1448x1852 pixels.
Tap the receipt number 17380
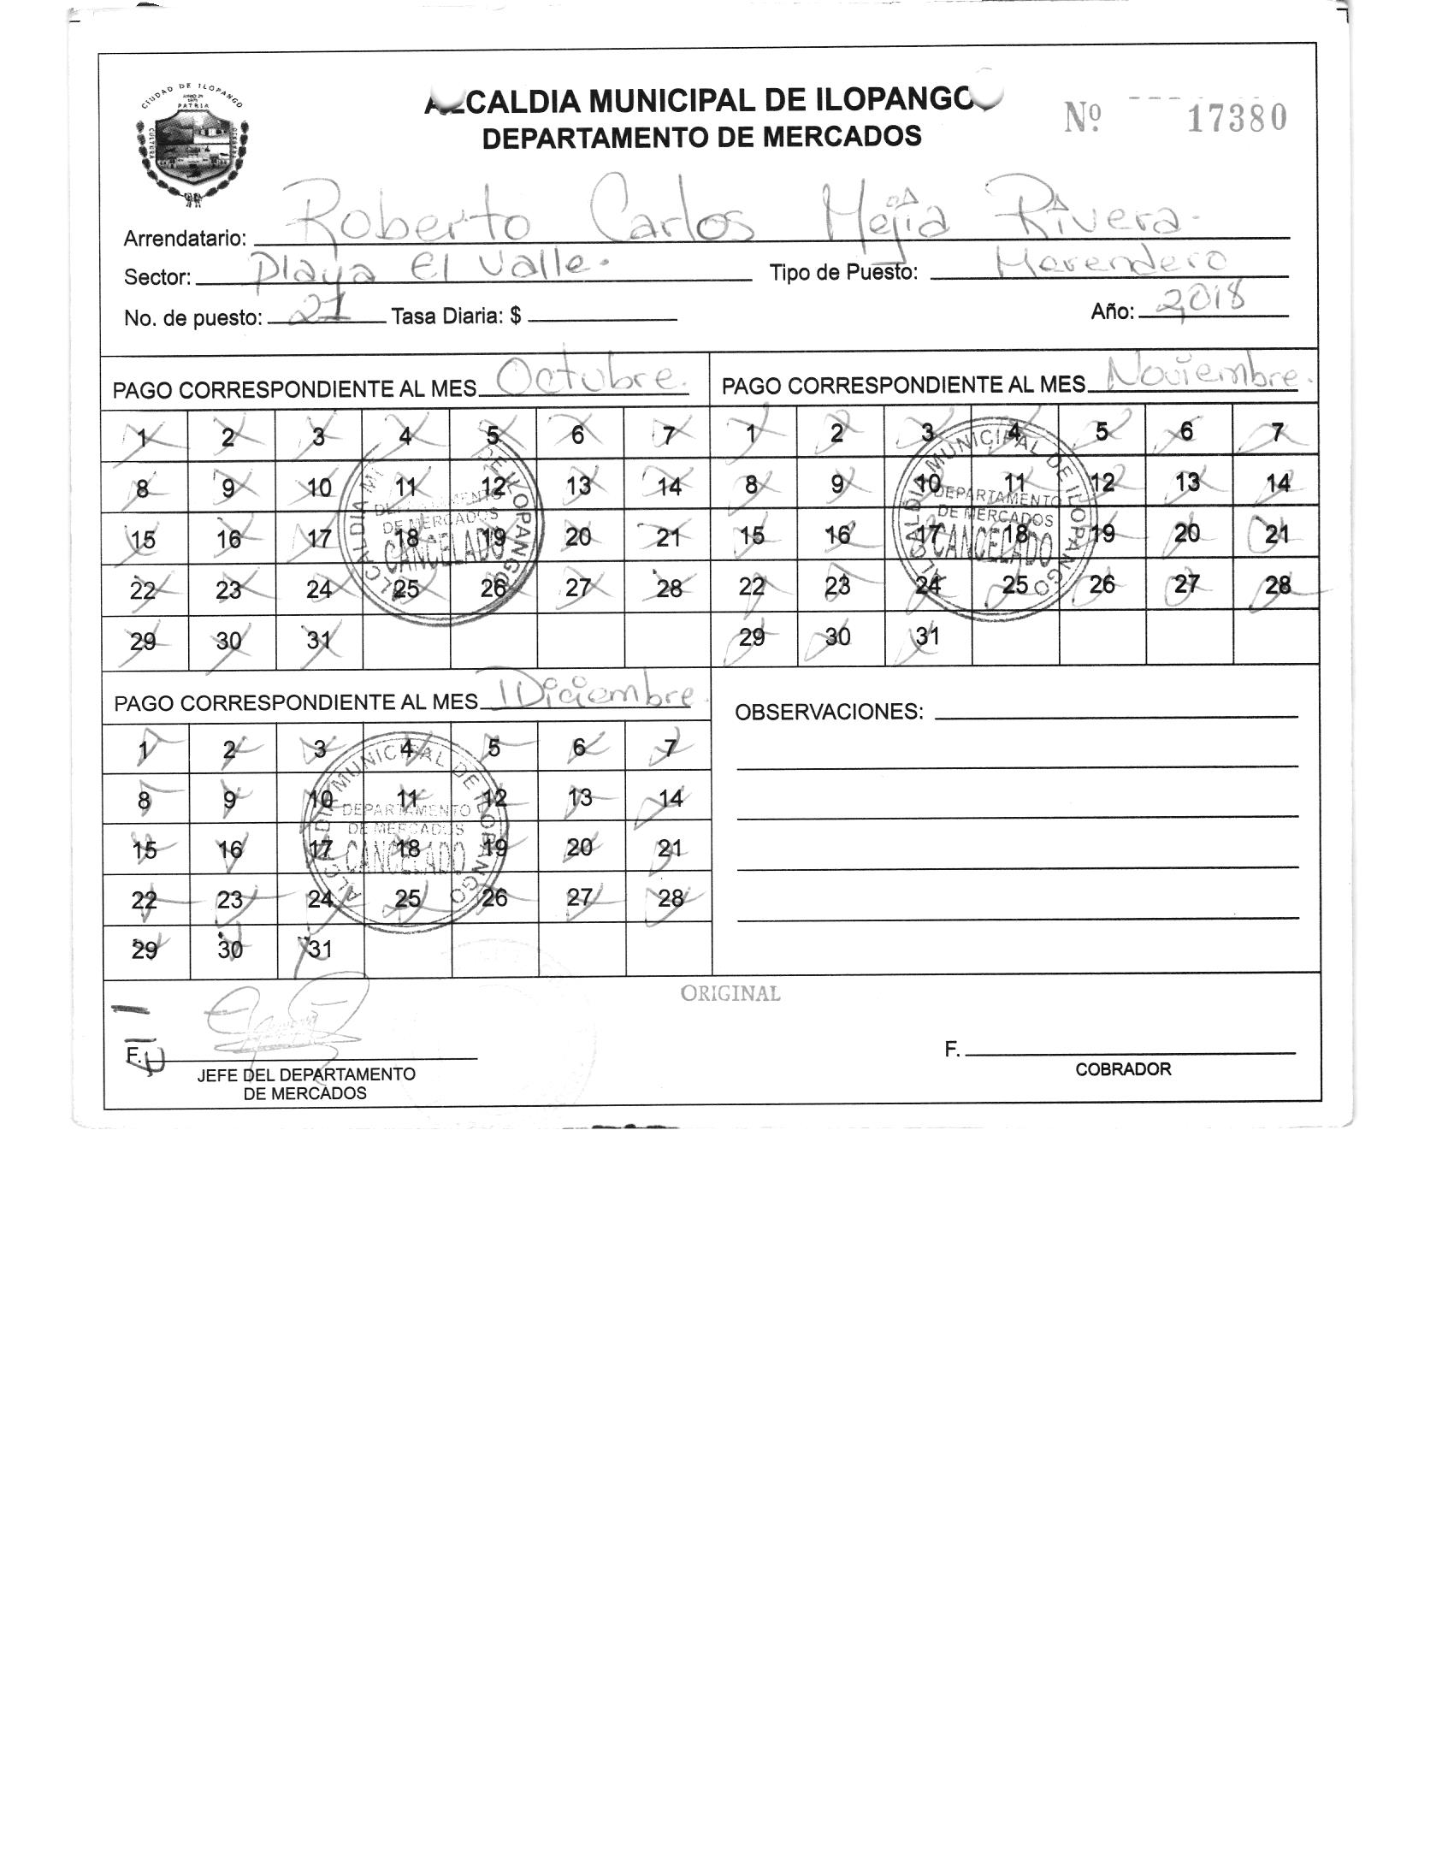pos(1236,118)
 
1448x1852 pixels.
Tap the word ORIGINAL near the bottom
pos(730,993)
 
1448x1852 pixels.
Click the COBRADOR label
pos(1123,1069)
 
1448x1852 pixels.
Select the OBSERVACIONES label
pos(829,712)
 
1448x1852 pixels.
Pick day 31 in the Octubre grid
pos(318,641)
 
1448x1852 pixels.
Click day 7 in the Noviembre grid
pos(1276,433)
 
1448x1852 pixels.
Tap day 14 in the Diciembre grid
pos(671,798)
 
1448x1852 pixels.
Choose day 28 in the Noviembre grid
pos(1277,586)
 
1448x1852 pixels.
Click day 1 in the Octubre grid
pos(143,438)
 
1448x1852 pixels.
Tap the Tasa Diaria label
pos(456,317)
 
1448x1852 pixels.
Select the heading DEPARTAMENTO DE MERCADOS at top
pos(701,137)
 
